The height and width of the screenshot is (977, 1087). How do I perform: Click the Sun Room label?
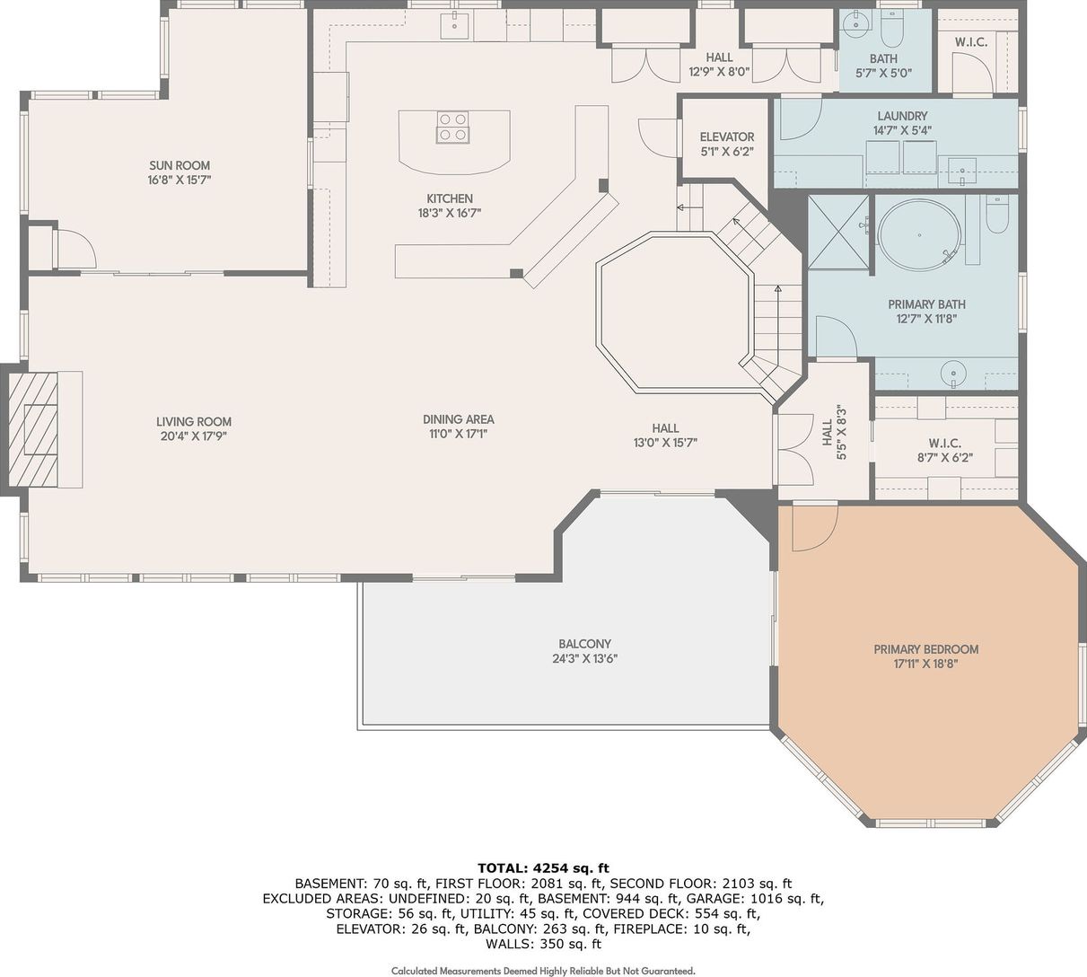pyautogui.click(x=180, y=165)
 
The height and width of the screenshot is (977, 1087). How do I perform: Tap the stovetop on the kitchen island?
pyautogui.click(x=452, y=128)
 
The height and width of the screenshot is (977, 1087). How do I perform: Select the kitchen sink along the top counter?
pyautogui.click(x=454, y=26)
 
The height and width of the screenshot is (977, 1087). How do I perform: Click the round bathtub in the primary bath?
pyautogui.click(x=919, y=235)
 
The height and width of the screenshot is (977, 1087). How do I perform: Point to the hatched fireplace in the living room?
pyautogui.click(x=34, y=429)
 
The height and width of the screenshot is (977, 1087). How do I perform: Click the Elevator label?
pyautogui.click(x=727, y=136)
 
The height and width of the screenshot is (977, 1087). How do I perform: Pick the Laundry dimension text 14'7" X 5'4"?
pyautogui.click(x=902, y=130)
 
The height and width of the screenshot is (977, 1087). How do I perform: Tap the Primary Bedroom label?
pyautogui.click(x=926, y=649)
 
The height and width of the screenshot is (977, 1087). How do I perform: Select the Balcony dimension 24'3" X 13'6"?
pyautogui.click(x=585, y=659)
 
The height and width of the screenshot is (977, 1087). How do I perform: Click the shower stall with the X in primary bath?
pyautogui.click(x=838, y=232)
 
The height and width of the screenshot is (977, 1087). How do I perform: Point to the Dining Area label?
pyautogui.click(x=458, y=419)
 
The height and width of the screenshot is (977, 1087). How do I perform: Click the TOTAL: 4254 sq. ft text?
pyautogui.click(x=544, y=868)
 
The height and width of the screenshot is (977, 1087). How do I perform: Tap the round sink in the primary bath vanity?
pyautogui.click(x=953, y=371)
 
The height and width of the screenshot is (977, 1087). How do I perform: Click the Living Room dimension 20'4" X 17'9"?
pyautogui.click(x=194, y=436)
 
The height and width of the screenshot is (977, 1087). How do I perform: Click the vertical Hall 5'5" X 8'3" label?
pyautogui.click(x=834, y=432)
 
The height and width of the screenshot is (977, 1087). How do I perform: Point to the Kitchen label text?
pyautogui.click(x=450, y=198)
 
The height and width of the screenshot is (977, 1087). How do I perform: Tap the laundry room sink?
pyautogui.click(x=962, y=171)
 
